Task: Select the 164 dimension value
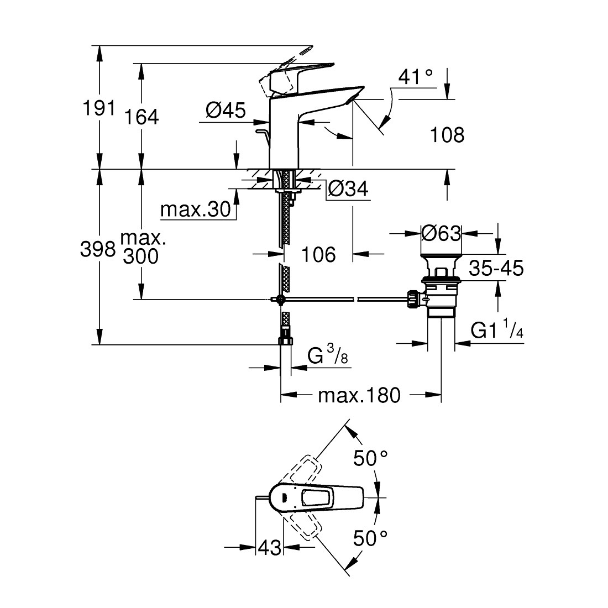pos(142,117)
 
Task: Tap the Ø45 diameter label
pos(225,111)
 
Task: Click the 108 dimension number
pos(447,134)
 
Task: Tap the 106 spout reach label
pos(319,255)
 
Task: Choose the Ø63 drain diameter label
pos(441,234)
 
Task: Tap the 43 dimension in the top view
pos(270,548)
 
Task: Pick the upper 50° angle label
pos(370,458)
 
